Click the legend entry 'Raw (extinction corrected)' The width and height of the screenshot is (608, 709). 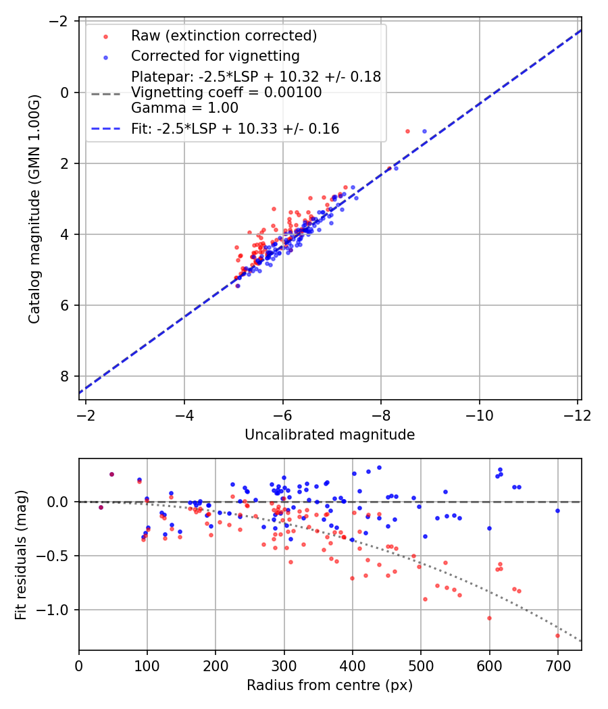pyautogui.click(x=224, y=36)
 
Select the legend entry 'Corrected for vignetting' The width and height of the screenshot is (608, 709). pyautogui.click(x=215, y=55)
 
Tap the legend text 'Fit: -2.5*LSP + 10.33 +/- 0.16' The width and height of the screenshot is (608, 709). pyautogui.click(x=235, y=128)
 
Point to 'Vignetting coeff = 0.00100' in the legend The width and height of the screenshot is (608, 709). pyautogui.click(x=226, y=92)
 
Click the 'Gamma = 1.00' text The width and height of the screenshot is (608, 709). pyautogui.click(x=184, y=107)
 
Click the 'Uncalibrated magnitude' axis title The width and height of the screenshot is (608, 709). pyautogui.click(x=330, y=435)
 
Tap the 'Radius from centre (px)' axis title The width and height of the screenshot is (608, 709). pyautogui.click(x=330, y=685)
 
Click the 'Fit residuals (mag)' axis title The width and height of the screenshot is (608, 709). pyautogui.click(x=21, y=554)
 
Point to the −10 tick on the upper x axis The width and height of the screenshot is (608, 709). pyautogui.click(x=480, y=414)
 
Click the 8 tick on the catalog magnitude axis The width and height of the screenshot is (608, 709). pyautogui.click(x=66, y=376)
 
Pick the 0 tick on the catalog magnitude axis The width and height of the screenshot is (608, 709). pyautogui.click(x=66, y=93)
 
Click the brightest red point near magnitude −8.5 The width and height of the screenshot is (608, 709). pyautogui.click(x=407, y=131)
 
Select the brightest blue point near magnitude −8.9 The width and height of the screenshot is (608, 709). pyautogui.click(x=424, y=131)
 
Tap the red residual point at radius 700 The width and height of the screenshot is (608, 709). pyautogui.click(x=557, y=635)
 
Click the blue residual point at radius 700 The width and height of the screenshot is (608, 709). pyautogui.click(x=557, y=510)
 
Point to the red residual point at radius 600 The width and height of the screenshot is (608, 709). pyautogui.click(x=489, y=618)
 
